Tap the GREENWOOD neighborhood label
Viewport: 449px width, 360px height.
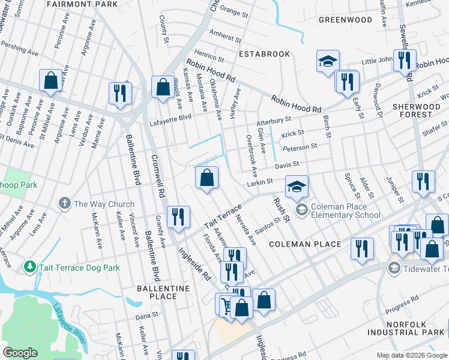point(345,20)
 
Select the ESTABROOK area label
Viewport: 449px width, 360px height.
point(264,54)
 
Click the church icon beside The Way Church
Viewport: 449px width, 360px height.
point(65,204)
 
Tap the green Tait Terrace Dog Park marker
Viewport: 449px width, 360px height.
point(29,266)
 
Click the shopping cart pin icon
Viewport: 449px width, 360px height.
point(226,305)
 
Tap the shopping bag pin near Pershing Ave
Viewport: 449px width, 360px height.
point(50,80)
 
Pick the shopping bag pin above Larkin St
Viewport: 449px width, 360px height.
point(206,178)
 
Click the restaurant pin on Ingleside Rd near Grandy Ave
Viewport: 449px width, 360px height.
point(178,217)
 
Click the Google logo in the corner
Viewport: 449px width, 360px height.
point(20,353)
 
